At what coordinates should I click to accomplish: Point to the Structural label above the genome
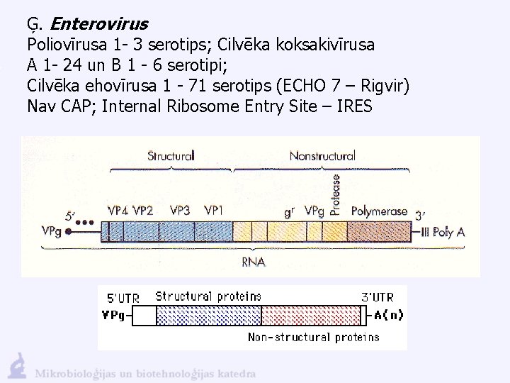(170, 155)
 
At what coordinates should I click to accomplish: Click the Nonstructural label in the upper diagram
(322, 155)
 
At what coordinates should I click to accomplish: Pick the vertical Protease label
(336, 193)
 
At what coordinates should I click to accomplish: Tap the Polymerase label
(379, 211)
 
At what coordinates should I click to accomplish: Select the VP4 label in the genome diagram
(118, 211)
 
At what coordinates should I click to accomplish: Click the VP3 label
(180, 211)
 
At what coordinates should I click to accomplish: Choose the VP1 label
(214, 211)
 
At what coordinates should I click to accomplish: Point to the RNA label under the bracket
(253, 262)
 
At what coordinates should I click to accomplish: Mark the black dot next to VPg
(68, 231)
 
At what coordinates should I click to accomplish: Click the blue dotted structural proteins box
(208, 316)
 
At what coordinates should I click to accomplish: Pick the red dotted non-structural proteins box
(311, 316)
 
